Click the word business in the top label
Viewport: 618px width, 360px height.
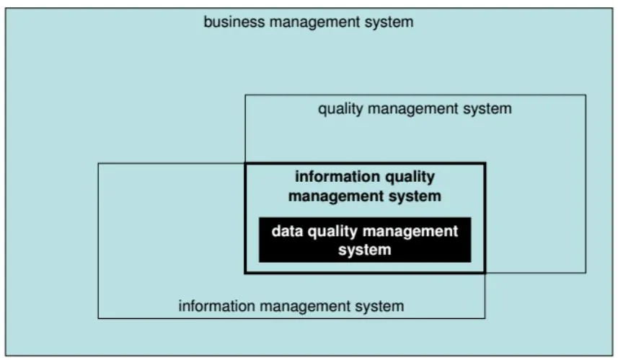234,22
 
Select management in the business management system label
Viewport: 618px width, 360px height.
314,22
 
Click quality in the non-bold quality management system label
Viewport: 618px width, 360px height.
340,109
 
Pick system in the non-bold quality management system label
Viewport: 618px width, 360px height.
487,109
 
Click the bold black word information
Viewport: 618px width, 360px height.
337,176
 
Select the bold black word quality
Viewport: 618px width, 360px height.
410,177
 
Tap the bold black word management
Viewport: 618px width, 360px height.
335,196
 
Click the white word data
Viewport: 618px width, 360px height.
287,231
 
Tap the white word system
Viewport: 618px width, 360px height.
365,250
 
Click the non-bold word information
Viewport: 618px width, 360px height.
216,306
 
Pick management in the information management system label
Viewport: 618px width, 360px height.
304,307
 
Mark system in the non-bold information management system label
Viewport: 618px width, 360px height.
379,307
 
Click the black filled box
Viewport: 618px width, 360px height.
365,240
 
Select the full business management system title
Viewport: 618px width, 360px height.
309,22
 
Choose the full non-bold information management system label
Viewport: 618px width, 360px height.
291,307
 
